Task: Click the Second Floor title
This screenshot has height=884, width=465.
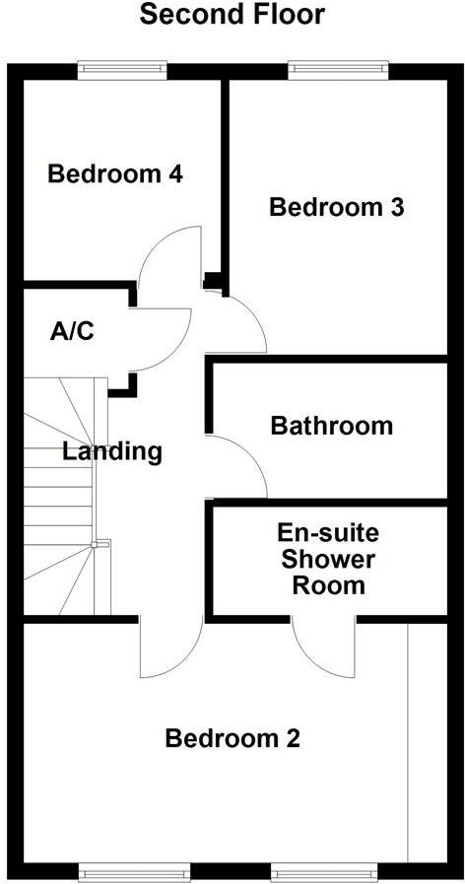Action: click(x=232, y=15)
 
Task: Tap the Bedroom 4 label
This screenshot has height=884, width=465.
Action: click(x=115, y=173)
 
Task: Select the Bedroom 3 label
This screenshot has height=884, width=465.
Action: click(x=337, y=208)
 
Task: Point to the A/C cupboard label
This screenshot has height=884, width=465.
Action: click(x=72, y=331)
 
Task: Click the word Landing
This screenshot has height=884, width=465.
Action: click(x=112, y=452)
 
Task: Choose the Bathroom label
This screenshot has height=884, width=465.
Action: click(x=331, y=426)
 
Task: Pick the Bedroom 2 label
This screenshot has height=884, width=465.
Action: click(x=232, y=738)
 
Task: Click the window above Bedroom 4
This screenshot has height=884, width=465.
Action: click(x=122, y=69)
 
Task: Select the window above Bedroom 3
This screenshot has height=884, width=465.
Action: click(x=339, y=69)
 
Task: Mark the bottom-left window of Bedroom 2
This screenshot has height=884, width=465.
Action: click(x=131, y=872)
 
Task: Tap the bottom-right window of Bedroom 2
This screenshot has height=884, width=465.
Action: click(x=323, y=872)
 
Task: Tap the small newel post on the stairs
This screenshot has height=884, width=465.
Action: click(x=95, y=545)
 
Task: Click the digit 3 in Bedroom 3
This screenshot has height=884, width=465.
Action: click(x=397, y=208)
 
